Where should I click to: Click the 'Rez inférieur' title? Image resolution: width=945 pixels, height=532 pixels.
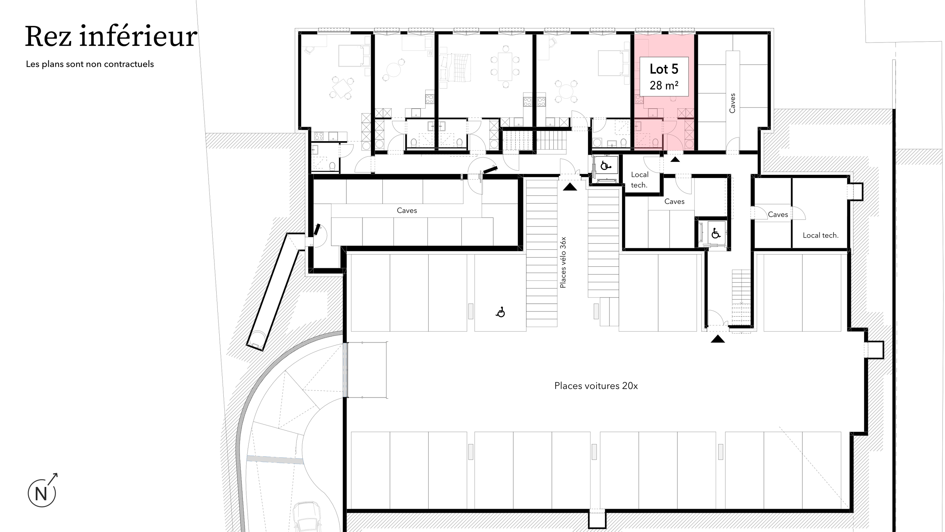[111, 37]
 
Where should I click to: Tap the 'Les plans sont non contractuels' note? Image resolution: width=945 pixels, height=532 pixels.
[90, 64]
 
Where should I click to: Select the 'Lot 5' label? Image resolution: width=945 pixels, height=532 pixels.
[664, 69]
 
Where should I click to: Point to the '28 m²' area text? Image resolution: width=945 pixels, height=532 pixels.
[664, 86]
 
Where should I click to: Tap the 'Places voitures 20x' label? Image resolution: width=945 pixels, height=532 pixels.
[596, 386]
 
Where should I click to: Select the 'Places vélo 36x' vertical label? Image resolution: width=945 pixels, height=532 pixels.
[563, 262]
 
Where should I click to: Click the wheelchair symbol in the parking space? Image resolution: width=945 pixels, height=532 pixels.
[501, 313]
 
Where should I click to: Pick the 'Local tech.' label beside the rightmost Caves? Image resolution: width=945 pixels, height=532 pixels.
[821, 235]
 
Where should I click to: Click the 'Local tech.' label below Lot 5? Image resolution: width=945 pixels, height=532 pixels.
[639, 180]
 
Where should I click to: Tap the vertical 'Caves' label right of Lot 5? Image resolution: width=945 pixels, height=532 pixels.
[732, 103]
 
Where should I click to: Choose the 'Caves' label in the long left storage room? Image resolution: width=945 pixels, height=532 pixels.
[407, 210]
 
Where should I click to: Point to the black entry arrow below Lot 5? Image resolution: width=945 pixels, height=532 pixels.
[675, 159]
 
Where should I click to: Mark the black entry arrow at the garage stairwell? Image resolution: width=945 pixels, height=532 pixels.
[718, 339]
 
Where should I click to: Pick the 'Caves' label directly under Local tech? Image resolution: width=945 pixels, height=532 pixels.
[674, 201]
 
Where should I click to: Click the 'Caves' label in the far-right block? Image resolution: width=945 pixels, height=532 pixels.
[778, 214]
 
